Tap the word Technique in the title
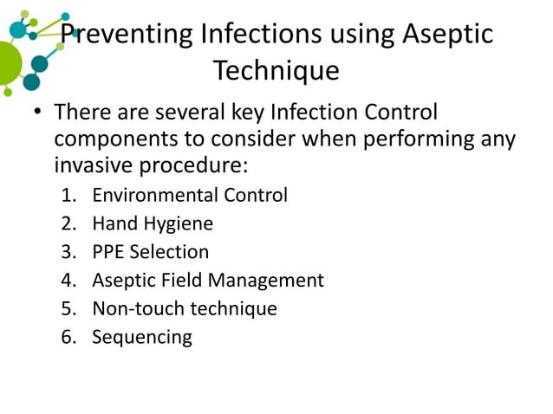[x=276, y=71]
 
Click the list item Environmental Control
[x=190, y=195]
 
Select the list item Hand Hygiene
[x=153, y=223]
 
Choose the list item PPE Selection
[x=151, y=252]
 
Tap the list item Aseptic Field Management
[x=208, y=280]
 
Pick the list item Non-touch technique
[x=185, y=308]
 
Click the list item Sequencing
[x=142, y=337]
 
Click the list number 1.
[x=68, y=195]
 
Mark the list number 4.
[x=68, y=280]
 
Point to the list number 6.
[x=68, y=337]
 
